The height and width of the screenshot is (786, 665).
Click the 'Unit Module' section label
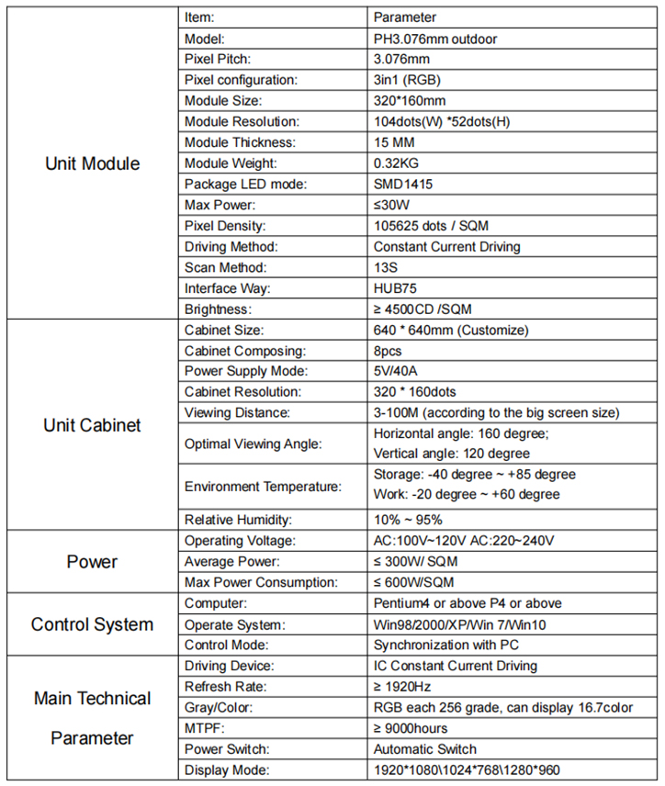click(92, 164)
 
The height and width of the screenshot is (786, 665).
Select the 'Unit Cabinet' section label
click(92, 425)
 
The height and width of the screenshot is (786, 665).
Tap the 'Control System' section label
click(92, 624)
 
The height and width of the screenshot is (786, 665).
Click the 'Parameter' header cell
click(405, 17)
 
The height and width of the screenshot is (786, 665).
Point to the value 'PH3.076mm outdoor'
click(435, 39)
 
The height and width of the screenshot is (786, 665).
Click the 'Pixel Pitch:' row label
click(217, 60)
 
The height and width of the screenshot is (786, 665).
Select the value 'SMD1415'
click(403, 184)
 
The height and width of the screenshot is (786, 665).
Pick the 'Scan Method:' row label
click(225, 267)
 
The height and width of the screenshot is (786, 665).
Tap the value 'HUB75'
click(395, 288)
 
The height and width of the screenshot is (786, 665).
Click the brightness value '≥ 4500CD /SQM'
click(422, 309)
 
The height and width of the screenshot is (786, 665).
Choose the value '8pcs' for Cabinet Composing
click(390, 351)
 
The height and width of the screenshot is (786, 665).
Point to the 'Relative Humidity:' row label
click(236, 519)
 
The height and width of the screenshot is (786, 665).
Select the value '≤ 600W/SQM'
click(413, 582)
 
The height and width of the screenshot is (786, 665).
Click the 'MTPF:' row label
click(205, 728)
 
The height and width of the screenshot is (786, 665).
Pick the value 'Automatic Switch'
click(425, 749)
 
